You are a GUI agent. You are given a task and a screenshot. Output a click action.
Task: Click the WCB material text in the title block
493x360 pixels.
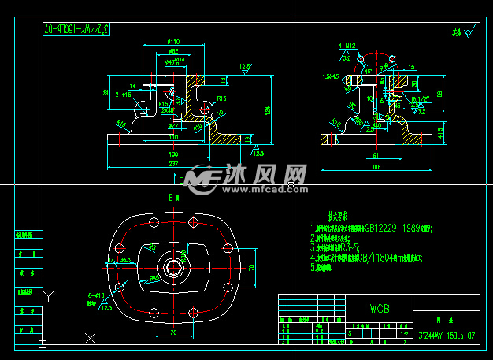pyautogui.click(x=380, y=308)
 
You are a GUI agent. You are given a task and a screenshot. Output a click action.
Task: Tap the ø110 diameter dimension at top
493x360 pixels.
pyautogui.click(x=172, y=42)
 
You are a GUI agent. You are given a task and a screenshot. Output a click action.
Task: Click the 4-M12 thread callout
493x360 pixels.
pyautogui.click(x=346, y=46)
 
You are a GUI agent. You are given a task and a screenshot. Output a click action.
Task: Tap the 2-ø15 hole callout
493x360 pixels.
pyautogui.click(x=123, y=94)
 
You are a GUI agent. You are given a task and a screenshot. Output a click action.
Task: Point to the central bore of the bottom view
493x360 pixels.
pyautogui.click(x=172, y=268)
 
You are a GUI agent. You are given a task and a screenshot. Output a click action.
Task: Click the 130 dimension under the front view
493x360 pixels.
pyautogui.click(x=172, y=154)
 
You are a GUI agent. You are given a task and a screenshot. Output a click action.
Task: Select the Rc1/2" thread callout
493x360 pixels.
pyautogui.click(x=420, y=98)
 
